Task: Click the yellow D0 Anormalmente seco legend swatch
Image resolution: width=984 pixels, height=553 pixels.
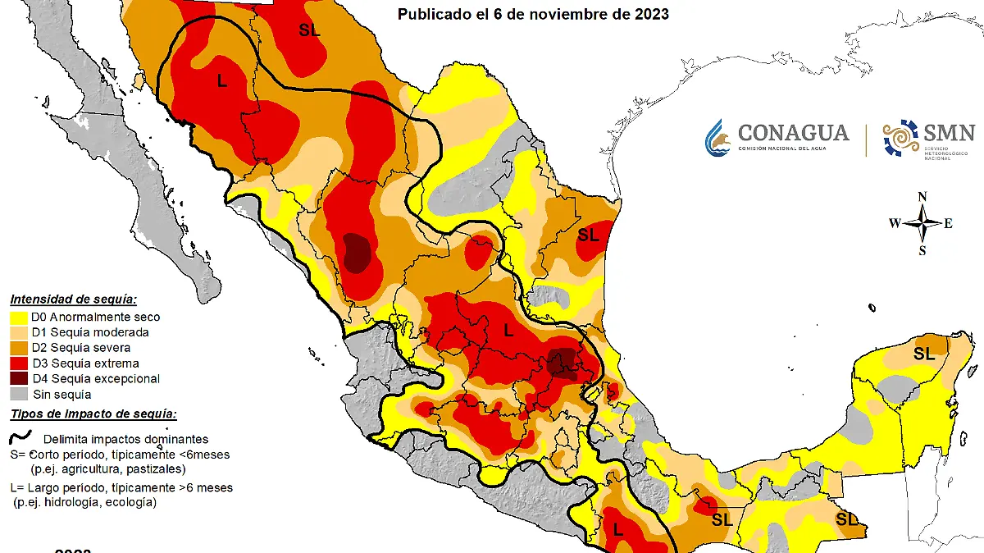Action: [19, 317]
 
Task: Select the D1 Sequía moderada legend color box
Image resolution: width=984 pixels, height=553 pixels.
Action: [19, 332]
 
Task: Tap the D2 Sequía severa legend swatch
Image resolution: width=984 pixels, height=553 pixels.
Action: [19, 348]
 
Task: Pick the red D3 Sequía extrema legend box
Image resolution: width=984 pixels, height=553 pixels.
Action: [19, 363]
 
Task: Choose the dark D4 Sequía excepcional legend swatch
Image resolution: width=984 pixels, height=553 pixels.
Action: [19, 379]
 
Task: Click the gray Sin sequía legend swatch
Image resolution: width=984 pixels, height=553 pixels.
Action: [19, 395]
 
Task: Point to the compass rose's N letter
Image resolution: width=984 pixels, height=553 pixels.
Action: [922, 196]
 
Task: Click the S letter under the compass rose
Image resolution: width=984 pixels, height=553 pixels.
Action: [922, 250]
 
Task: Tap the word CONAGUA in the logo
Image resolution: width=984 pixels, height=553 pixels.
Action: [793, 132]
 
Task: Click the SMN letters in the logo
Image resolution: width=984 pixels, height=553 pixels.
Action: [949, 133]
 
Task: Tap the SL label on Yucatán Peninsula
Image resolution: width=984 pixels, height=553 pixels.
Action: [924, 354]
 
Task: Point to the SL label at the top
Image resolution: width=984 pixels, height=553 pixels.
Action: [309, 30]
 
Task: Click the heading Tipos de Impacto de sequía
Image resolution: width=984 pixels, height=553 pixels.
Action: [93, 415]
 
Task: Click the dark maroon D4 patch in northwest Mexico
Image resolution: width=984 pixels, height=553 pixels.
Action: [357, 252]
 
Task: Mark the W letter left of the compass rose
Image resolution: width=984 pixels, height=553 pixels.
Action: [895, 223]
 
